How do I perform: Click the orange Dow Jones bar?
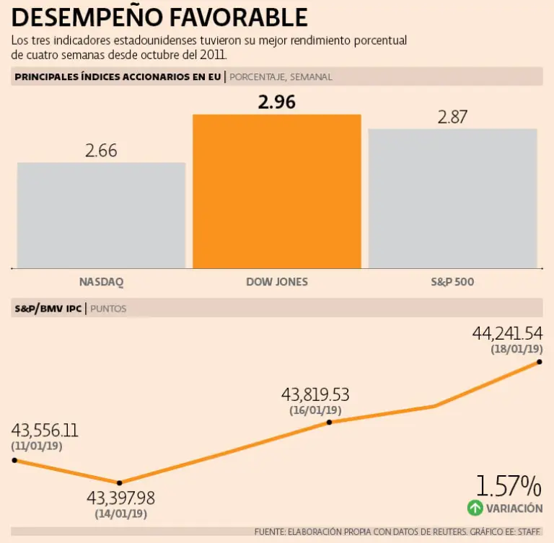[276, 191]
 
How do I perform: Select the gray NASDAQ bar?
[101, 215]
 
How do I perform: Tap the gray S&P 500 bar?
[452, 198]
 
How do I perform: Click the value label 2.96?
[277, 102]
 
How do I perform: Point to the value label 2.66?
[101, 151]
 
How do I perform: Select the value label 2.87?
[452, 117]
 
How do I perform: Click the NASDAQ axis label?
[101, 281]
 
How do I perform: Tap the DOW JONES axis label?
[277, 281]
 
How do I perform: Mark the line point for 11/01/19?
[14, 460]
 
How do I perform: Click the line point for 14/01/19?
[120, 482]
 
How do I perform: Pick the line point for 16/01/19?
[329, 422]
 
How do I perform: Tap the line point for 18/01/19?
[539, 362]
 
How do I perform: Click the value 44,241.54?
[507, 333]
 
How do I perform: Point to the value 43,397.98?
[120, 498]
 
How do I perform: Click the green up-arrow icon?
[475, 508]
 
